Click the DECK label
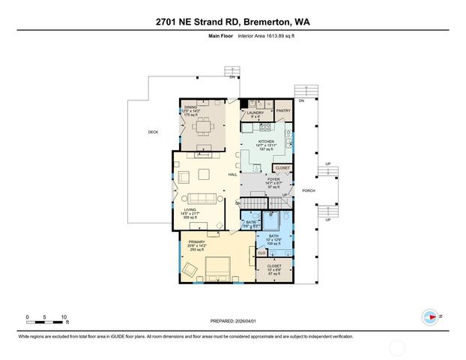click(153, 133)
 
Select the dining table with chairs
click(204, 127)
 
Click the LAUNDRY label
click(255, 112)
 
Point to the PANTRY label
click(283, 110)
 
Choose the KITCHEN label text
click(266, 141)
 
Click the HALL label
click(232, 175)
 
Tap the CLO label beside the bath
click(261, 253)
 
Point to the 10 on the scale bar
click(65, 317)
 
